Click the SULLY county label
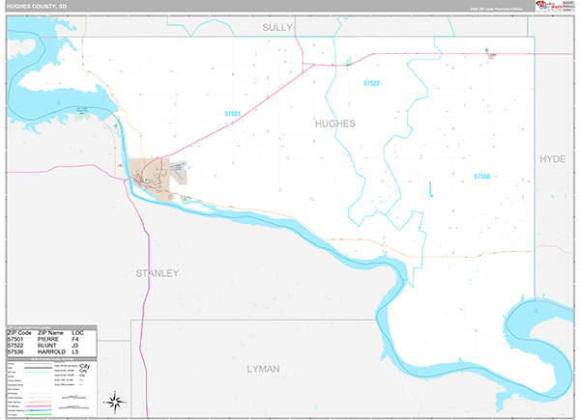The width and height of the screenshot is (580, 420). [277, 29]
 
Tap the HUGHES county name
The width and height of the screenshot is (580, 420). [334, 124]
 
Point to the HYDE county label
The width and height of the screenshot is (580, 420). [552, 157]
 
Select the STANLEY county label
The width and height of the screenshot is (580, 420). [158, 273]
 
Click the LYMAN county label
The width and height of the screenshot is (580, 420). [262, 369]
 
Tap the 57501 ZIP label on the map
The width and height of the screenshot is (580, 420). [231, 114]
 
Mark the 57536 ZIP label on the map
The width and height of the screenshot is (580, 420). [482, 176]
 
